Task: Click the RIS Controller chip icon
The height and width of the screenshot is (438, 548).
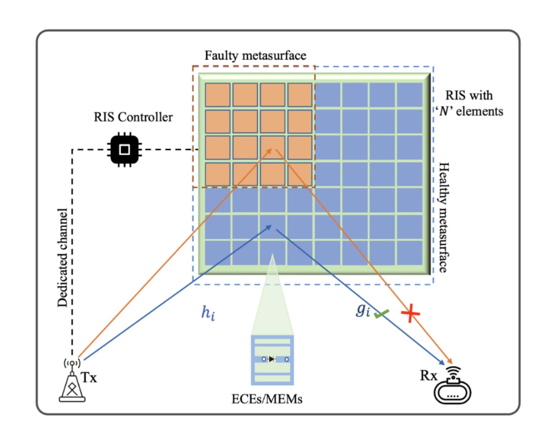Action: tap(125, 149)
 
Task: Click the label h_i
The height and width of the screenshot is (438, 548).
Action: tap(207, 314)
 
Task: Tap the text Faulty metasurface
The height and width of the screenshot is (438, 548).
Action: tap(255, 56)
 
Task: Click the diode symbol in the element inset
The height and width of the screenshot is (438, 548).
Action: tap(271, 359)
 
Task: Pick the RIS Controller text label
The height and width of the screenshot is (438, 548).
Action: tap(133, 118)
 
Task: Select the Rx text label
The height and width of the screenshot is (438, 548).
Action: tap(428, 375)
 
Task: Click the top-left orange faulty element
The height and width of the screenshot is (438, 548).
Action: tap(217, 95)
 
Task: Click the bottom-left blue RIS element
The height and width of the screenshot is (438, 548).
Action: tap(217, 253)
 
